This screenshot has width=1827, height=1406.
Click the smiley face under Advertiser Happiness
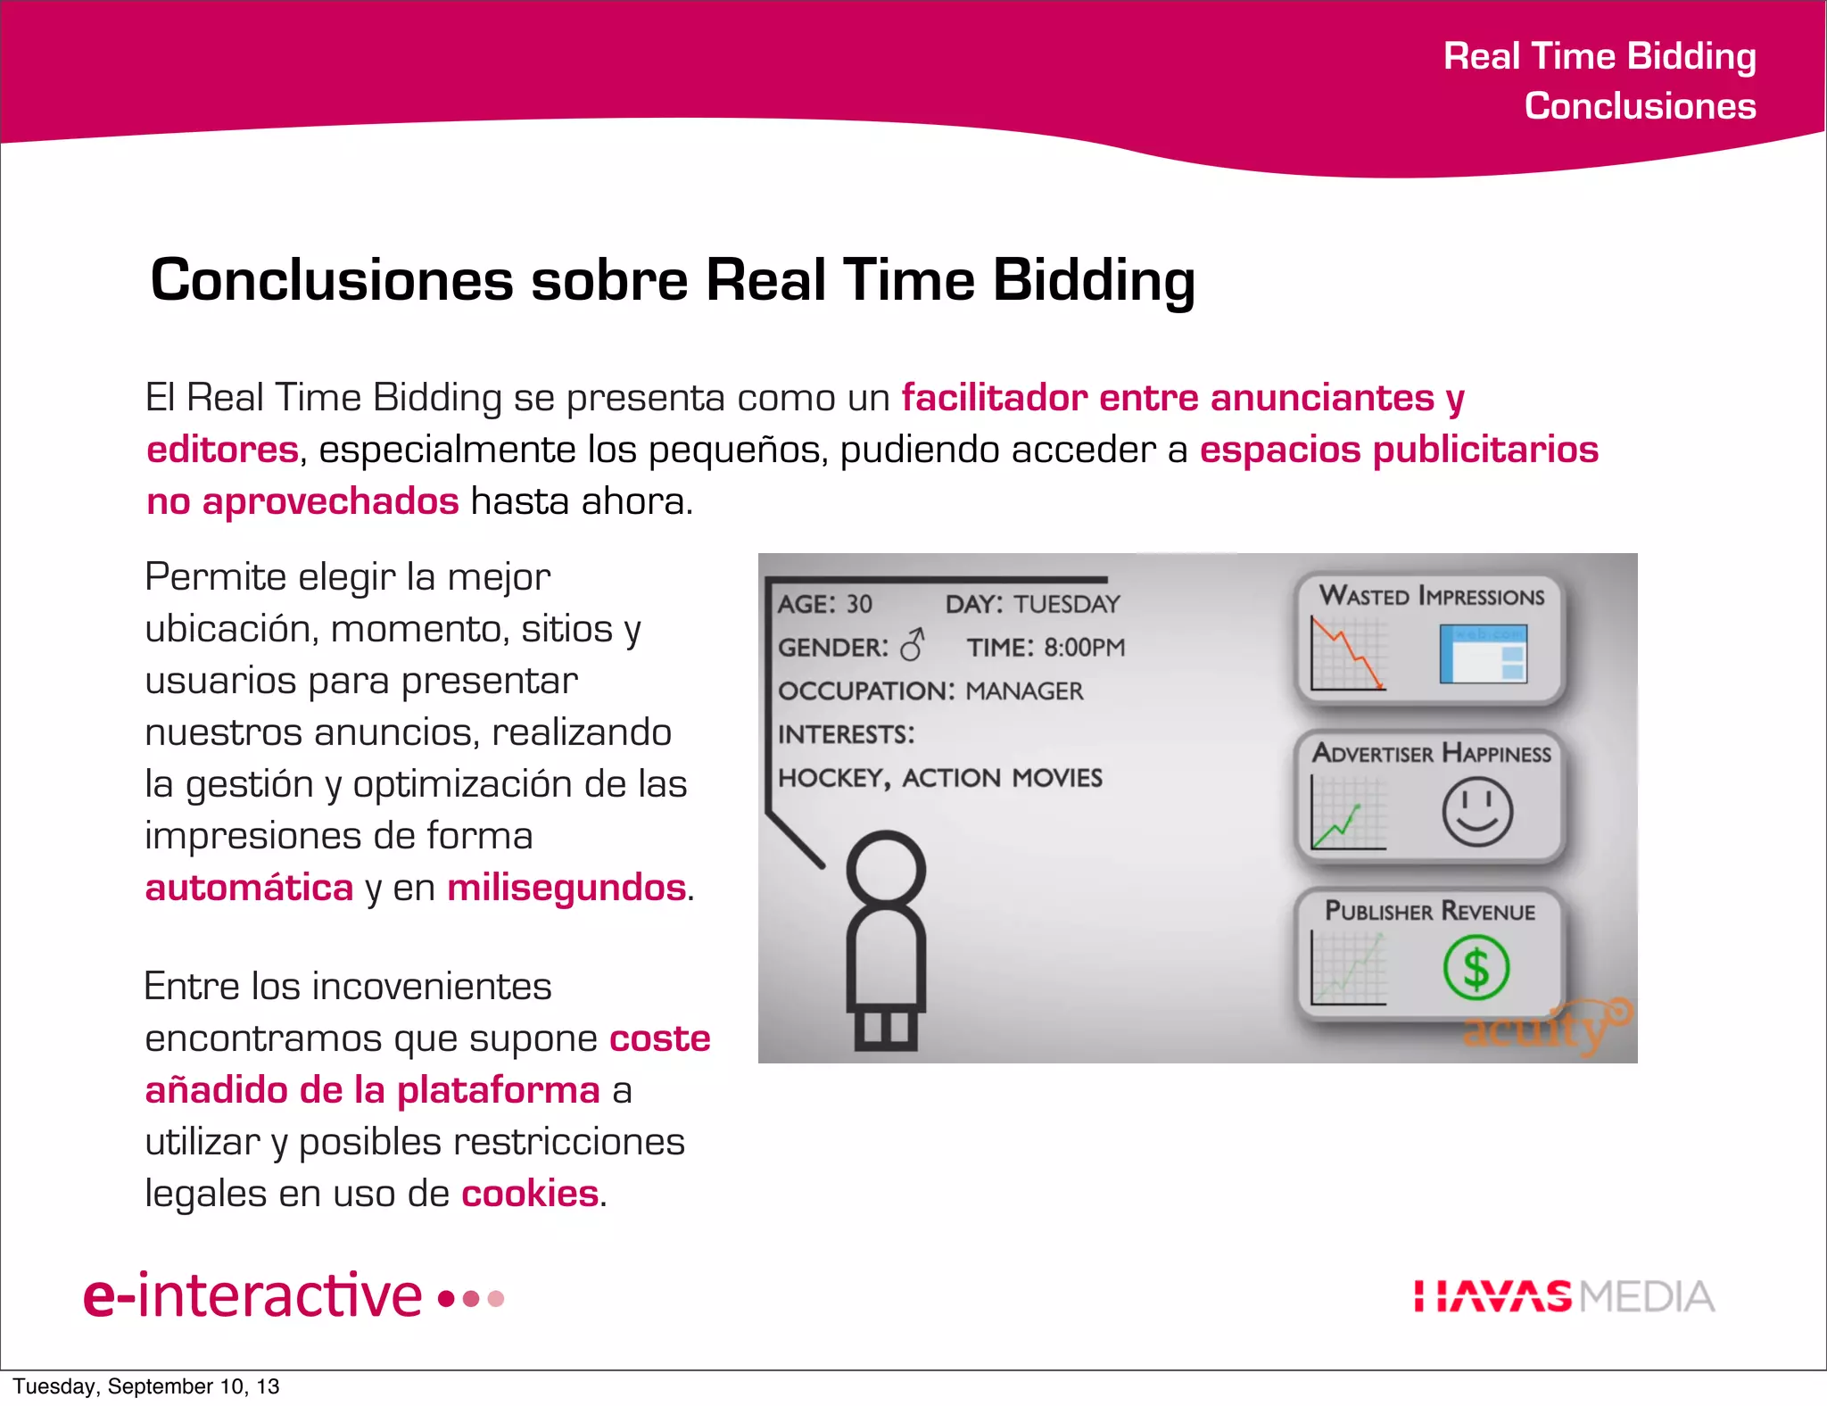coord(1477,812)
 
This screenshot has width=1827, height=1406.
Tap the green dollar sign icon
coord(1476,968)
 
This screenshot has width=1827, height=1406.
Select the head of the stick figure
coord(886,869)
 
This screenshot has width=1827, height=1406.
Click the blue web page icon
coord(1483,654)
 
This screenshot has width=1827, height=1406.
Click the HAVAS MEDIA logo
coord(1564,1296)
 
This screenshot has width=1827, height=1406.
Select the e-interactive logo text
coord(252,1296)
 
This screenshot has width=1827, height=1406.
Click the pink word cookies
coord(530,1194)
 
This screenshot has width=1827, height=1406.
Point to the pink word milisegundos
coord(566,888)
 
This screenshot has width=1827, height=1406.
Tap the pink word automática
coord(250,888)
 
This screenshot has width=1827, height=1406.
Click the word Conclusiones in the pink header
coord(1640,106)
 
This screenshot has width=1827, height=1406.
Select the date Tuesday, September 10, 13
coord(146,1386)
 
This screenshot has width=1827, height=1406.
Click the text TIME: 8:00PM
coord(1046,648)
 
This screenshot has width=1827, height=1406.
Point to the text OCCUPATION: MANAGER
coord(930,691)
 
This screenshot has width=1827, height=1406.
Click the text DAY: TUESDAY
coord(1032,604)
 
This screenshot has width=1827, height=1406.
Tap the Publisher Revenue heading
coord(1430,911)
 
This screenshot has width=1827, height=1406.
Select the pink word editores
coord(222,450)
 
